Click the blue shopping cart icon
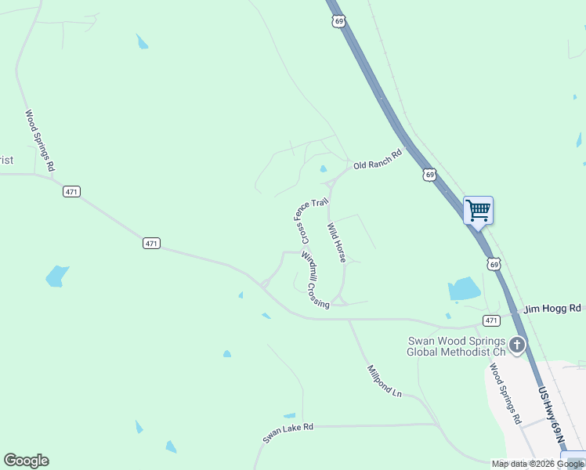(x=478, y=210)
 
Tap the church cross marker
(x=516, y=344)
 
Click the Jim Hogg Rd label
(x=552, y=309)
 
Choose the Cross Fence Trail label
(x=309, y=220)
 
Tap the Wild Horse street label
(x=336, y=242)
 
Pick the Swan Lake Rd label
(x=288, y=433)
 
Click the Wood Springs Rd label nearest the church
(x=505, y=393)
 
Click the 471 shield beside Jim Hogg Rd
(x=491, y=320)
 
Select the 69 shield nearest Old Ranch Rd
(x=429, y=174)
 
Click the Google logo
(x=26, y=461)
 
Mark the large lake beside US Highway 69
(x=464, y=289)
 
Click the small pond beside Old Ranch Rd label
(x=323, y=168)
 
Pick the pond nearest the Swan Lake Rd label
(x=290, y=415)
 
